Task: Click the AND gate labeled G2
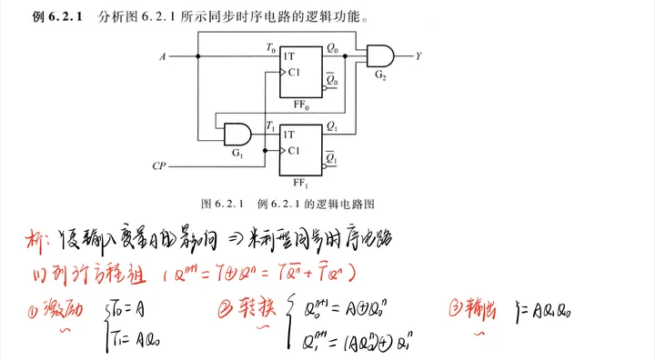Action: tap(378, 56)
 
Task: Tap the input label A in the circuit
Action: tap(163, 57)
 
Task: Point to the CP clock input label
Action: tap(158, 167)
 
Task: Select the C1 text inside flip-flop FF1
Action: tap(293, 148)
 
